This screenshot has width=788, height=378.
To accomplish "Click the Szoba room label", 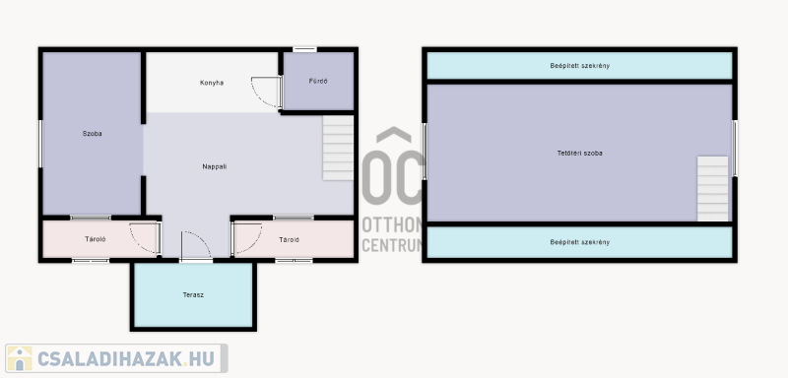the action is (92, 134).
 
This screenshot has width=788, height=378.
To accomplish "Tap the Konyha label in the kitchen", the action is (212, 83).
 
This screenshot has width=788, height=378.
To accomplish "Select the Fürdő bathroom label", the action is (318, 81).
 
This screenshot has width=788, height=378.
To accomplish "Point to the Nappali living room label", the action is (214, 166).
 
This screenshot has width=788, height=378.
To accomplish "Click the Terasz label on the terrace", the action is (193, 294).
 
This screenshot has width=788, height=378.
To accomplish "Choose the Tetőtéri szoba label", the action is (579, 154).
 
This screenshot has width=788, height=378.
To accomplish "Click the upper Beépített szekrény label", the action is (579, 66).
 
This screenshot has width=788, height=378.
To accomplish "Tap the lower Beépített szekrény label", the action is (579, 242).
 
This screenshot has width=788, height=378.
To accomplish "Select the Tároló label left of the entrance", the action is (95, 239).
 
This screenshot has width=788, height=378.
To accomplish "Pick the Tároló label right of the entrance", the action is (289, 240).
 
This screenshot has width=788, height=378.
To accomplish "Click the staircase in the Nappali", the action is (338, 148).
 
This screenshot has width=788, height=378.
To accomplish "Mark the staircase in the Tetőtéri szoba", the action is (712, 189).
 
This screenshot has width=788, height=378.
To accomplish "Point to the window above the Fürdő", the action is (304, 49).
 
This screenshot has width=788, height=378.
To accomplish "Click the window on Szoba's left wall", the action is (40, 144).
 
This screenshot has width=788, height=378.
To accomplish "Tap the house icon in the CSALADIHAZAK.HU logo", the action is (19, 358).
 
